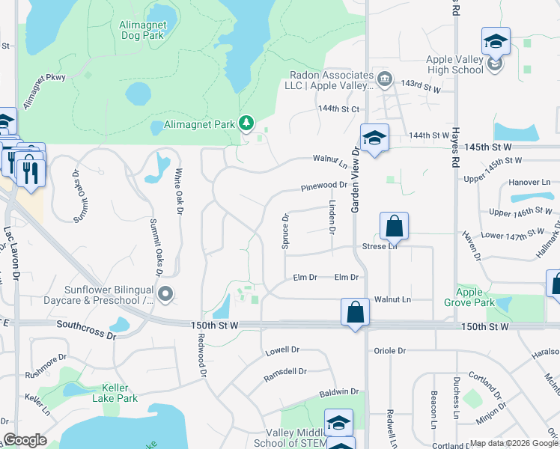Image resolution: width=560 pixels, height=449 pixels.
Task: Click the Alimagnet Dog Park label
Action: click(x=143, y=30)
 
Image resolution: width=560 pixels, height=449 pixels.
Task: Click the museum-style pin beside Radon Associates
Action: click(x=384, y=78)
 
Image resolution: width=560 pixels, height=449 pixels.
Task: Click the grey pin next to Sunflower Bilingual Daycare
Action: click(x=166, y=295)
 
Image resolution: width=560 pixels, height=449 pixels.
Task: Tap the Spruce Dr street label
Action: click(x=285, y=232)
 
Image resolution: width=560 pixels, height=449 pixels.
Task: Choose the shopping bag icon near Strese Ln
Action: click(x=394, y=226)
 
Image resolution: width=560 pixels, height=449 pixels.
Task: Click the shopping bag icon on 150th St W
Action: click(x=355, y=312)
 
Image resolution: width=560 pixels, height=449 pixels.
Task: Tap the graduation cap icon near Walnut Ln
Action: click(x=374, y=138)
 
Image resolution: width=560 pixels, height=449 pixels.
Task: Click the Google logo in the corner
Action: click(x=25, y=440)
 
